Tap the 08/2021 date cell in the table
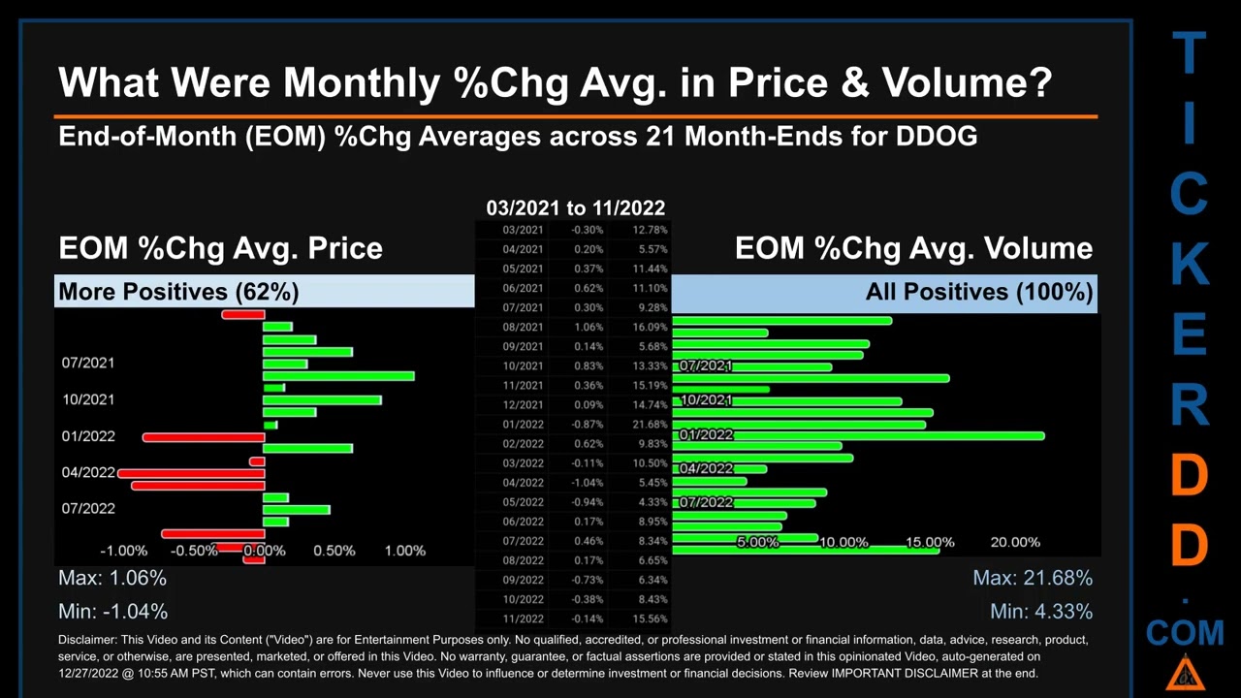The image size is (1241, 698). [x=523, y=328]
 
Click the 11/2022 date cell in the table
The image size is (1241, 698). [x=523, y=619]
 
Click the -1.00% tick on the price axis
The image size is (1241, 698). [x=123, y=551]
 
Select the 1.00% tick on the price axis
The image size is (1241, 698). [x=404, y=551]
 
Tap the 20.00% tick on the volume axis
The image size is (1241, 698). [x=1015, y=543]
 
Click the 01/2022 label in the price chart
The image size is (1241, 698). [x=88, y=436]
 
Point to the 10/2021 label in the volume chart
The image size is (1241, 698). [x=706, y=400]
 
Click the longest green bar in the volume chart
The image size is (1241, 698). [x=858, y=436]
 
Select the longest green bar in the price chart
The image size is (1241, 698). [x=338, y=376]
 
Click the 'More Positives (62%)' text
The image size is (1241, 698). [x=178, y=292]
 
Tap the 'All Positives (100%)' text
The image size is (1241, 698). [x=979, y=292]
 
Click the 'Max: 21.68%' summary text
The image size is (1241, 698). [x=1033, y=579]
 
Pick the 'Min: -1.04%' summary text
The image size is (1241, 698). [x=112, y=612]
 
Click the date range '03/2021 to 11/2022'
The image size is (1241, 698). [x=575, y=208]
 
